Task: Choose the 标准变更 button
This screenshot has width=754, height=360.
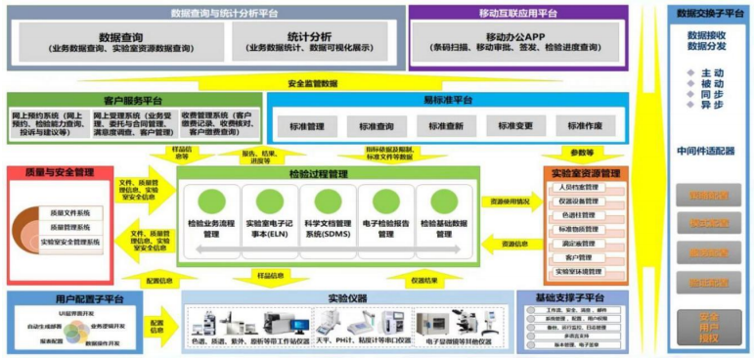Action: pos(515,127)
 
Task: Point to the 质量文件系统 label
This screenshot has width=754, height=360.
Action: pos(70,212)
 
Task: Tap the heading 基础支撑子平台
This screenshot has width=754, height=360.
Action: pos(571,296)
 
